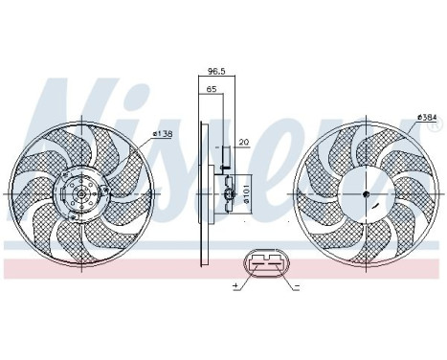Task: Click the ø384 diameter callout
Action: coord(428,118)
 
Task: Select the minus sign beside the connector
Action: coord(297,287)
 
